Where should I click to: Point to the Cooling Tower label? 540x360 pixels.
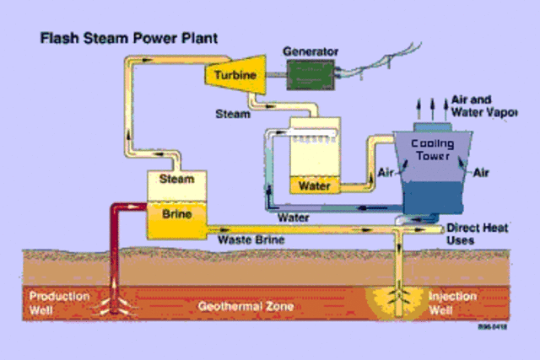(433, 149)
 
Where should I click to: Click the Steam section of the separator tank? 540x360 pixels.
(176, 179)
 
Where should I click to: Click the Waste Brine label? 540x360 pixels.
(251, 240)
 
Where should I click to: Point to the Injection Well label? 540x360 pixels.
(453, 303)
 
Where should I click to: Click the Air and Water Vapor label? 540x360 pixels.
(483, 105)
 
